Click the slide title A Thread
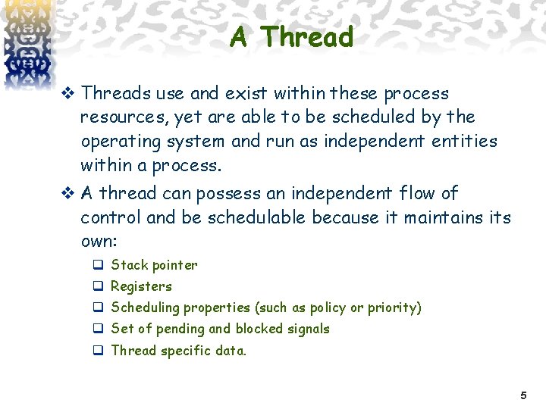click(x=292, y=36)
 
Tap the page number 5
click(x=522, y=395)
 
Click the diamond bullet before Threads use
click(x=68, y=94)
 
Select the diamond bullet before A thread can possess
click(x=68, y=194)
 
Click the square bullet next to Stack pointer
click(x=98, y=265)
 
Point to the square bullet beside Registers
click(x=98, y=286)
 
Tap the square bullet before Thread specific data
click(x=98, y=351)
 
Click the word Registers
click(x=141, y=286)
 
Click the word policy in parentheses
click(x=326, y=308)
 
